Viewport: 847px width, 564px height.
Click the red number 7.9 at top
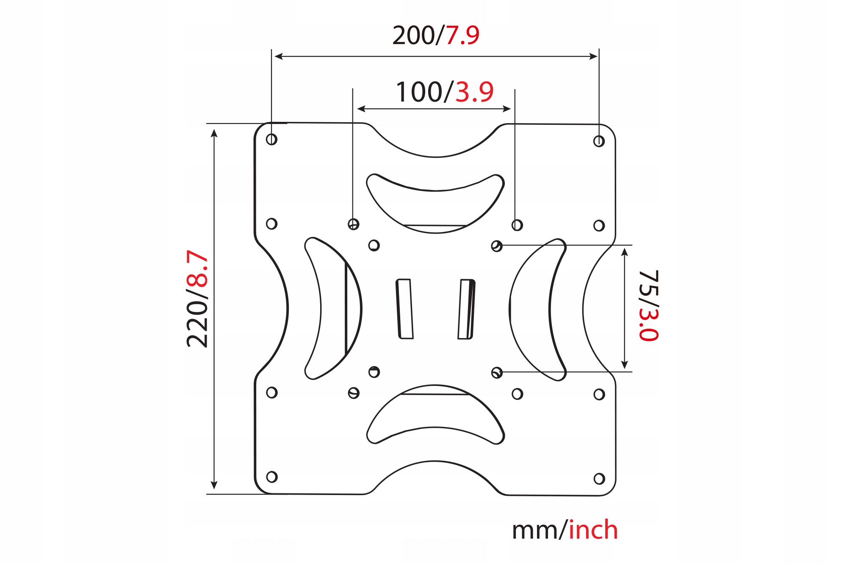pos(462,35)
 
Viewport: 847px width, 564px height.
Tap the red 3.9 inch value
pos(474,92)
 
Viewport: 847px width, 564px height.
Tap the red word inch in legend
pos(593,530)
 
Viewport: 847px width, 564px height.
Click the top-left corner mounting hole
pos(271,139)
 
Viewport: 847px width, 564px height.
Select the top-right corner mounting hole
pos(599,141)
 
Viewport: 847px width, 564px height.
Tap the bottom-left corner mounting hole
pos(272,477)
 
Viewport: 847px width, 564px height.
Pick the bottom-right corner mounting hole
pos(599,479)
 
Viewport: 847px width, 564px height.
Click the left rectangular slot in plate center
pos(404,309)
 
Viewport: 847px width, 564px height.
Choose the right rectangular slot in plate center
pos(466,309)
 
